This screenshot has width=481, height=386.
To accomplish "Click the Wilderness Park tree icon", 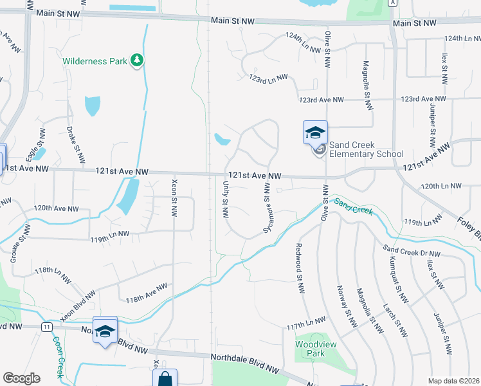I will tap(136, 61).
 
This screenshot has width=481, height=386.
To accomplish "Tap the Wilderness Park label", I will tap(95, 62).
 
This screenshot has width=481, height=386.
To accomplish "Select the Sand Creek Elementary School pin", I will tap(315, 134).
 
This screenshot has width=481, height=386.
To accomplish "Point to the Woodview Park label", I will tap(310, 349).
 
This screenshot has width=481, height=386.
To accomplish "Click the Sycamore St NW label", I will tap(266, 207).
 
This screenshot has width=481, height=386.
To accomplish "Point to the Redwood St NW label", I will tap(299, 269).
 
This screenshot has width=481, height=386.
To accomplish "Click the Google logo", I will tap(21, 378).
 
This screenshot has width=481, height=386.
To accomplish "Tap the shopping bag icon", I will tap(165, 379).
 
